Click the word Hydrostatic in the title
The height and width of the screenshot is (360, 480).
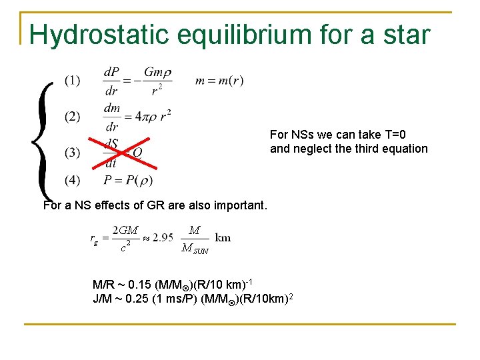tap(96, 35)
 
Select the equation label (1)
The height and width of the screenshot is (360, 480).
tap(73, 81)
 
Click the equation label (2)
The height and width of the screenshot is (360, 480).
tap(73, 117)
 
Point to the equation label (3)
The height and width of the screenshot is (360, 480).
tap(73, 153)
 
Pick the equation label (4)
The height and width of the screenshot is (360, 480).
tap(73, 180)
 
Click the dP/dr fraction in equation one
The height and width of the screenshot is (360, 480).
tap(111, 81)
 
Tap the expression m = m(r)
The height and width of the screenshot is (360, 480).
tap(219, 81)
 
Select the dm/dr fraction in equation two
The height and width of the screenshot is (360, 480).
tap(111, 117)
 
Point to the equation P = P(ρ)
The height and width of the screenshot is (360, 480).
tap(128, 180)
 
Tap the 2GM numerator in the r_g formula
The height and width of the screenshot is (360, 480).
tap(125, 230)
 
